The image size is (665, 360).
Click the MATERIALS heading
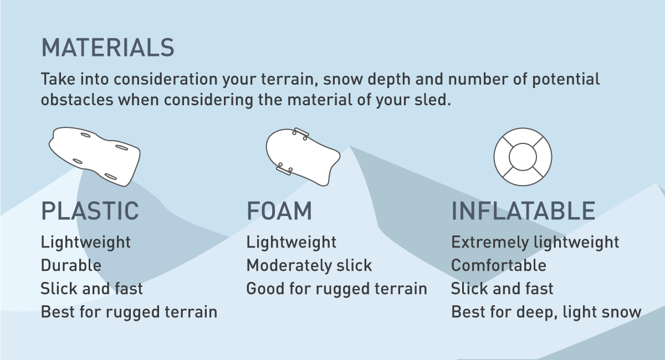click(x=108, y=48)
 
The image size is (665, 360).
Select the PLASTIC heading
click(x=90, y=210)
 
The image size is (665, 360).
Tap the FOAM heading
click(x=279, y=210)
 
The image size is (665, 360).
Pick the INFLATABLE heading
click(x=523, y=210)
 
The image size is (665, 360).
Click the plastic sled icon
click(x=94, y=157)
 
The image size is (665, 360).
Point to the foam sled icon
click(x=303, y=157)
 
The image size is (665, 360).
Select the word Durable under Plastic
click(x=71, y=265)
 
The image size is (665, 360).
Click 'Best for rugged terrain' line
click(x=129, y=312)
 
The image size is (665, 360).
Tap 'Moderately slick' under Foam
click(x=309, y=265)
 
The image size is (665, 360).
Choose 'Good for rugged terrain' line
click(x=337, y=289)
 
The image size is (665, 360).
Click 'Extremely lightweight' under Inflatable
click(x=535, y=242)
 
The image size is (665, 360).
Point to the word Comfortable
click(x=498, y=265)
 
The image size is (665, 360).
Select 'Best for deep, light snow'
click(x=546, y=312)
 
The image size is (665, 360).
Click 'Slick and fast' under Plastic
click(x=92, y=289)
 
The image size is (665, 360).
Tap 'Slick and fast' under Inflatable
click(x=502, y=289)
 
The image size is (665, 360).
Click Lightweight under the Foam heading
click(x=291, y=242)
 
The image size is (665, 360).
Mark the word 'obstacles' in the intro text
click(x=77, y=100)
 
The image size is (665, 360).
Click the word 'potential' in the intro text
click(x=566, y=79)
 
